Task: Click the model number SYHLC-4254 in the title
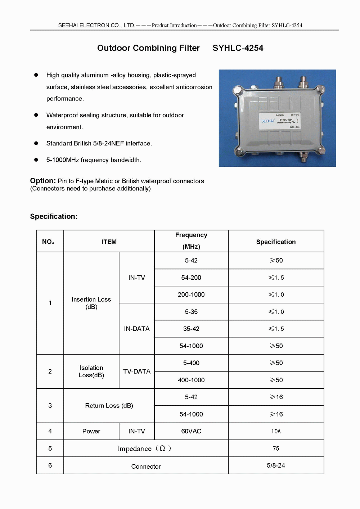click(238, 48)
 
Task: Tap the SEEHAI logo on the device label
click(267, 121)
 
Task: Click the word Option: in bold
click(43, 181)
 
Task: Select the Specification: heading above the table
click(54, 216)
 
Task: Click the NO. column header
click(48, 242)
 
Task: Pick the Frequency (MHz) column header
click(191, 241)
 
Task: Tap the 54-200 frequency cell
click(191, 278)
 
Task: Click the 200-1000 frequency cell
click(191, 294)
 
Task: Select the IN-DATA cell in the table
click(137, 329)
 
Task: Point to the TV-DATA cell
click(137, 371)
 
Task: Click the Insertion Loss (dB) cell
click(91, 303)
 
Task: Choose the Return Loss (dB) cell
click(109, 406)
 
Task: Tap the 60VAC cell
click(191, 431)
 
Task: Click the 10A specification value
click(276, 431)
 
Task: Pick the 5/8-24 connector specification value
click(276, 465)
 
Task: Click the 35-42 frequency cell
click(191, 329)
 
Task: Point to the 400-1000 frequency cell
click(191, 380)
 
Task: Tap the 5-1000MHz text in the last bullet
click(63, 160)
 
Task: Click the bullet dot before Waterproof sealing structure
click(36, 115)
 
